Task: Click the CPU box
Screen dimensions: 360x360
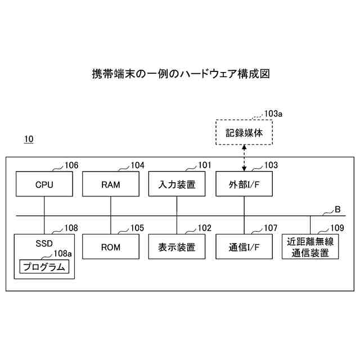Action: click(44, 184)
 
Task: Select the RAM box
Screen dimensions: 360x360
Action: click(110, 184)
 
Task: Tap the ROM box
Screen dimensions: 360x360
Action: click(110, 247)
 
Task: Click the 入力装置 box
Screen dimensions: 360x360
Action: click(177, 184)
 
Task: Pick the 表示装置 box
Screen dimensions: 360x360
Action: click(177, 247)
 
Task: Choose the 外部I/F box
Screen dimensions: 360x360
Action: click(244, 184)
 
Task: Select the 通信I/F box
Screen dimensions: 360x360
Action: click(244, 247)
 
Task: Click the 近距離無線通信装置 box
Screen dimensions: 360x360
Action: click(310, 247)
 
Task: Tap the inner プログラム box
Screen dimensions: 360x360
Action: click(44, 266)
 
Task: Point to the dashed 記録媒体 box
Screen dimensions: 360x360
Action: click(244, 133)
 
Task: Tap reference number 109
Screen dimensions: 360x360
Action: click(336, 228)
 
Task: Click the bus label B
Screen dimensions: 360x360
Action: click(337, 210)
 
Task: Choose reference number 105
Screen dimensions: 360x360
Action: click(137, 228)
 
